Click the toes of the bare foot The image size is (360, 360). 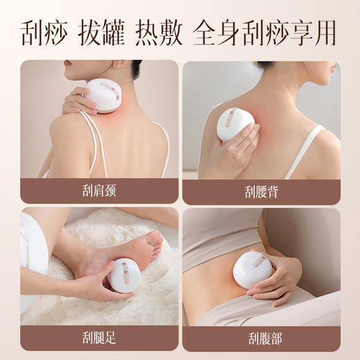click(x=154, y=242)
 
